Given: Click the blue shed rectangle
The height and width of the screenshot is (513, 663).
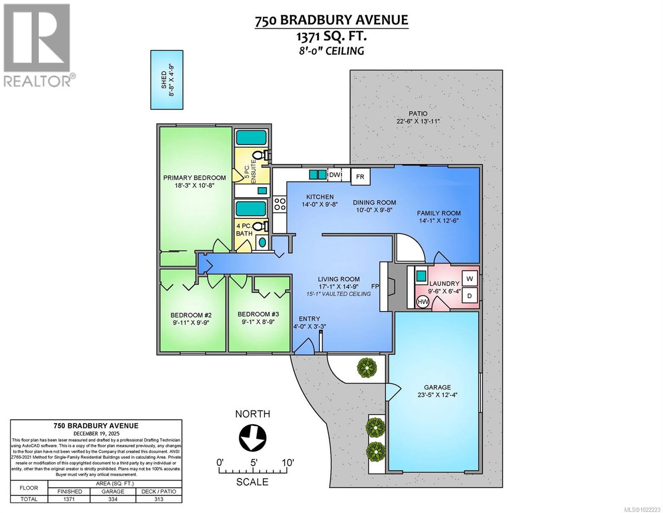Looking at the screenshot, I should tap(167, 80).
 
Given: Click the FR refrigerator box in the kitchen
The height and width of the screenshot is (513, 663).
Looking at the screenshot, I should tap(360, 177).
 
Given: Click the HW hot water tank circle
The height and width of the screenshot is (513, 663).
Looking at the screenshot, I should tap(423, 302).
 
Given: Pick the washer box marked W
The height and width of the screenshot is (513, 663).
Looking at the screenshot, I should tap(470, 279).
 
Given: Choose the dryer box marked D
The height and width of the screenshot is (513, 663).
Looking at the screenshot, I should tap(470, 295).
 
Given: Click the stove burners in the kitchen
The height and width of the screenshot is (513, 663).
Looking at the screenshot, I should tap(280, 203).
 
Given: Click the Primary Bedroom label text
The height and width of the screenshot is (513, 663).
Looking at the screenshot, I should tap(195, 178).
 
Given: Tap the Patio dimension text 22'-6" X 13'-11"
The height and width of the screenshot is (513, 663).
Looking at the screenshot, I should tap(418, 121).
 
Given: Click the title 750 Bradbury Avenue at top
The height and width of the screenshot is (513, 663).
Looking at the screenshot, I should tap(331, 21).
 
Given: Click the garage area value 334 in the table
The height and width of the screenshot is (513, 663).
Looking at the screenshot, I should tap(113, 499).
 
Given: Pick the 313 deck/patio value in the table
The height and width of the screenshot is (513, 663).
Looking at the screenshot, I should tap(159, 499).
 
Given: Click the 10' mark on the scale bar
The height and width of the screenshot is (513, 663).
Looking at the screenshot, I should tap(287, 463).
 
